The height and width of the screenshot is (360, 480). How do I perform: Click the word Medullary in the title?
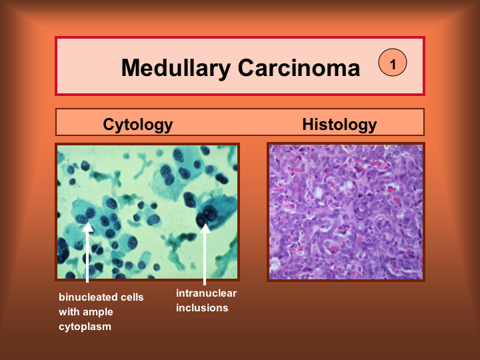pos(176,68)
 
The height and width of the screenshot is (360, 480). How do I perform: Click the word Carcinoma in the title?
pos(299,67)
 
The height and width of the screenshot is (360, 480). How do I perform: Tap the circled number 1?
pos(393,63)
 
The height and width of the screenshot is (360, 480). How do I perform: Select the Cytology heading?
pos(138,125)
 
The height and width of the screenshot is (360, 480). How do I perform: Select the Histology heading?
pos(339,125)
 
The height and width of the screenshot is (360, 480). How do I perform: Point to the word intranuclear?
pos(206,293)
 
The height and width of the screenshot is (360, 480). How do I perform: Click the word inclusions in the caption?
pos(202,307)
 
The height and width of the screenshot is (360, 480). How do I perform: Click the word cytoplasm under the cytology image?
pos(85,327)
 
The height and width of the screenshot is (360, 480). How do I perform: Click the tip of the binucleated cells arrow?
pos(87,222)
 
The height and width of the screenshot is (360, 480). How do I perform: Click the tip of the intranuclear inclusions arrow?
pos(205,223)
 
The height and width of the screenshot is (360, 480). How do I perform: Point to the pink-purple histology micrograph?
pos(346,212)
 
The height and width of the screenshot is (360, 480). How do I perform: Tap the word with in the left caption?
pos(71,312)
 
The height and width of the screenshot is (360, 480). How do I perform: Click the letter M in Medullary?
pos(131,67)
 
